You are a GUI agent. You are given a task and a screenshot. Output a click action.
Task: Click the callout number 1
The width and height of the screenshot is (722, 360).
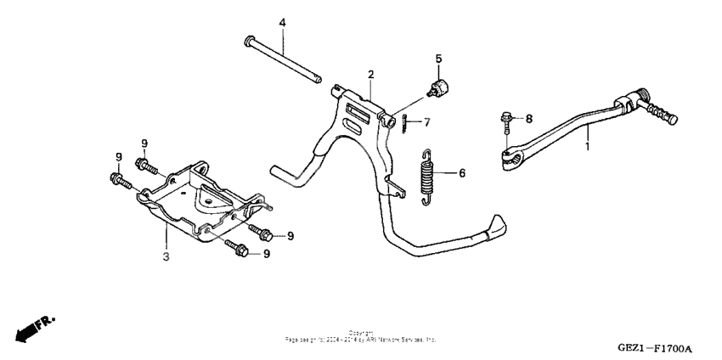click(587, 146)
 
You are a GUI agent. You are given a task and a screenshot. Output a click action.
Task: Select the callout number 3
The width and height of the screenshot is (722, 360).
click(166, 255)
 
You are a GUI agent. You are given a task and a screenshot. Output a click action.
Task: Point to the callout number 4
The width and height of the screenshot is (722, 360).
click(284, 22)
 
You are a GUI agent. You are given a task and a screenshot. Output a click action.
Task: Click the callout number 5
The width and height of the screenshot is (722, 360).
click(439, 59)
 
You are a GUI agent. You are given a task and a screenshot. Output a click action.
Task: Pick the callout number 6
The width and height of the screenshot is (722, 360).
click(462, 173)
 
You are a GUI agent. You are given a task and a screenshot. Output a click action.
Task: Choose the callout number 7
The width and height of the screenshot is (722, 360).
click(427, 122)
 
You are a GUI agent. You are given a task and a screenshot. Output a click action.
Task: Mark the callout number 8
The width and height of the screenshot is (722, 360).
click(527, 119)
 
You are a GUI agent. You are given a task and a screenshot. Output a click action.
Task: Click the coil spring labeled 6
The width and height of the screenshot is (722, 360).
click(428, 176)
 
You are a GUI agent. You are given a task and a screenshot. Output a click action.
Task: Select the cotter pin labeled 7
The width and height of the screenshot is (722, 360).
click(408, 123)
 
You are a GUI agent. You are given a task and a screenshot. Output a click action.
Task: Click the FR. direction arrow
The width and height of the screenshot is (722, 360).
click(34, 328)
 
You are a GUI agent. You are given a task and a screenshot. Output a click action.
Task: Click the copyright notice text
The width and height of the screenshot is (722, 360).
click(361, 335)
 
